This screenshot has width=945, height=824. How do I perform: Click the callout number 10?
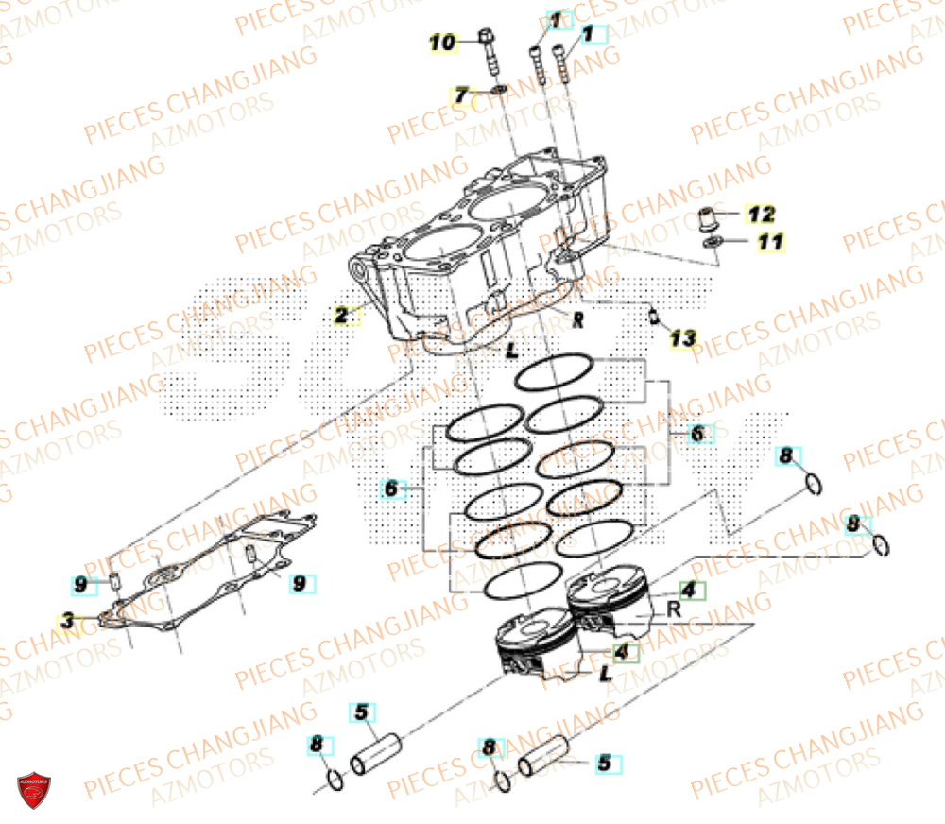point(442,42)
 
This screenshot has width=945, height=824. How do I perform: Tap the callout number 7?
point(461,94)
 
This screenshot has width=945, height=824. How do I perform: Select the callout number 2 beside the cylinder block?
point(341,316)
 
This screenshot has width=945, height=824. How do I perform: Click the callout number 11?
point(770,243)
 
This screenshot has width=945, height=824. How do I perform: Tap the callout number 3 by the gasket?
point(67,621)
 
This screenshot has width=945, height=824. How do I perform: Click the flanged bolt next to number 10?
point(489,52)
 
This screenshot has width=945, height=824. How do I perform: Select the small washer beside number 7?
point(498,91)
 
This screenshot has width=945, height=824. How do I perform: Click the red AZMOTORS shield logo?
point(34,789)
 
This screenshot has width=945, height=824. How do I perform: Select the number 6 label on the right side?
point(697,434)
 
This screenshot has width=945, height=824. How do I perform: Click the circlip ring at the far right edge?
point(881,545)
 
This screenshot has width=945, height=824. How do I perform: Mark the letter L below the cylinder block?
point(510,352)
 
